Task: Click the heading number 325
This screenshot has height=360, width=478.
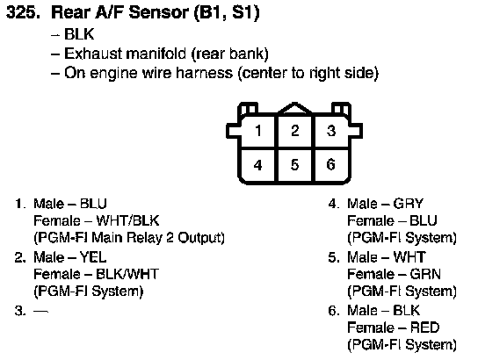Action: coord(23,13)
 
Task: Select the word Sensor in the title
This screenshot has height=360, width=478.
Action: coord(158,13)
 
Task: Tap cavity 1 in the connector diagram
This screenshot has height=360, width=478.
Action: coord(258,131)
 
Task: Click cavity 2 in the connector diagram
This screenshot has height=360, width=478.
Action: coord(294,131)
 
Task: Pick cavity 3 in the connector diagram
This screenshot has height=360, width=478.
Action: coord(331,131)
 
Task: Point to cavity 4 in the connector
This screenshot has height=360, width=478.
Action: coord(258,165)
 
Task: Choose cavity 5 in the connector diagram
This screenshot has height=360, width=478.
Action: coord(294,165)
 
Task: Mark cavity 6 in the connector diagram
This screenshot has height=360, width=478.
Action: coord(331,165)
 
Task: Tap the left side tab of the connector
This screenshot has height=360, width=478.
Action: coord(233,131)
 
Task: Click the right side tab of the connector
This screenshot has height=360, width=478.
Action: coord(356,131)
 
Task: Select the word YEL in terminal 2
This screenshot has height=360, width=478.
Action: coord(93,257)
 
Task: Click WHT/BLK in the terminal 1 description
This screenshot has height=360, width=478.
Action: coord(127,220)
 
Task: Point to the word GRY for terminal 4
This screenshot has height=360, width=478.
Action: coord(409,204)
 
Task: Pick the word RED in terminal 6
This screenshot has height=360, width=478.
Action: coord(424,328)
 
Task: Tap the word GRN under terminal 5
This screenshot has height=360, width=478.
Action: coord(425,275)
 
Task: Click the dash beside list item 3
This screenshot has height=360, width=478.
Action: coord(40,312)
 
